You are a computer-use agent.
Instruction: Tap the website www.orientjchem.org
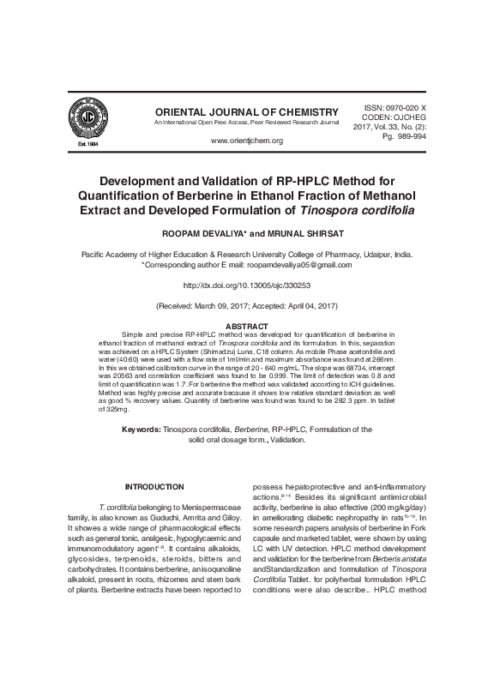click(x=246, y=140)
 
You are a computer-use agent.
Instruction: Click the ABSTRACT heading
click(x=246, y=326)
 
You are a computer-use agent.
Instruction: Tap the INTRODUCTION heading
click(x=154, y=487)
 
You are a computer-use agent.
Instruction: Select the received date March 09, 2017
click(x=221, y=305)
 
